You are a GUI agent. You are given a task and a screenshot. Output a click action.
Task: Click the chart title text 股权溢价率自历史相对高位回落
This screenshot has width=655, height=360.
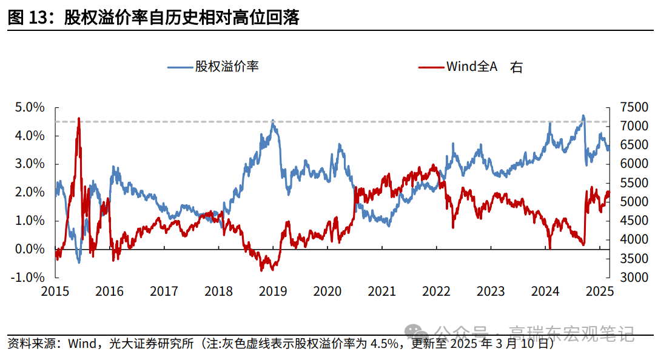tap(182, 18)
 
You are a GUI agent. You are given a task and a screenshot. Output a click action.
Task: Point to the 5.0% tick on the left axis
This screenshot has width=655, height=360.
tap(30, 107)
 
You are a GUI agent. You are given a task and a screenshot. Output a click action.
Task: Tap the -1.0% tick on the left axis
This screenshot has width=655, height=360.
tap(29, 278)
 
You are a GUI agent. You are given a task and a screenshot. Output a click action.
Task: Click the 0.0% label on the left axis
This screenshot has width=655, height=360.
tap(30, 249)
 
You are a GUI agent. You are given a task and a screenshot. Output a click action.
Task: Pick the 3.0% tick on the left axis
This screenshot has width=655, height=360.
tap(30, 164)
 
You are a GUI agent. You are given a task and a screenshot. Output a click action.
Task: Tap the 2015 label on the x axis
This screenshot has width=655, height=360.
tap(55, 292)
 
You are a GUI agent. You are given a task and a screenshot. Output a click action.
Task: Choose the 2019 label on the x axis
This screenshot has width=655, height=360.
tap(273, 292)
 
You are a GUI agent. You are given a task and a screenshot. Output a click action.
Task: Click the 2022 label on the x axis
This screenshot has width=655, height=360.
tap(437, 292)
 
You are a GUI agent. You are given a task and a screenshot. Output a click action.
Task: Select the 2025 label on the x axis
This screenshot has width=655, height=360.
tap(600, 292)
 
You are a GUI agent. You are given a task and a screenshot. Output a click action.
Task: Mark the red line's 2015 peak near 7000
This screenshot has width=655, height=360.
tap(79, 119)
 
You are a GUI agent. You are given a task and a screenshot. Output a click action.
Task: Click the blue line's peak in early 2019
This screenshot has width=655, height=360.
tap(273, 121)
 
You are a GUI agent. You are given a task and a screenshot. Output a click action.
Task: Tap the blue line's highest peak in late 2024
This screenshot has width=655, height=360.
tap(583, 116)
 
